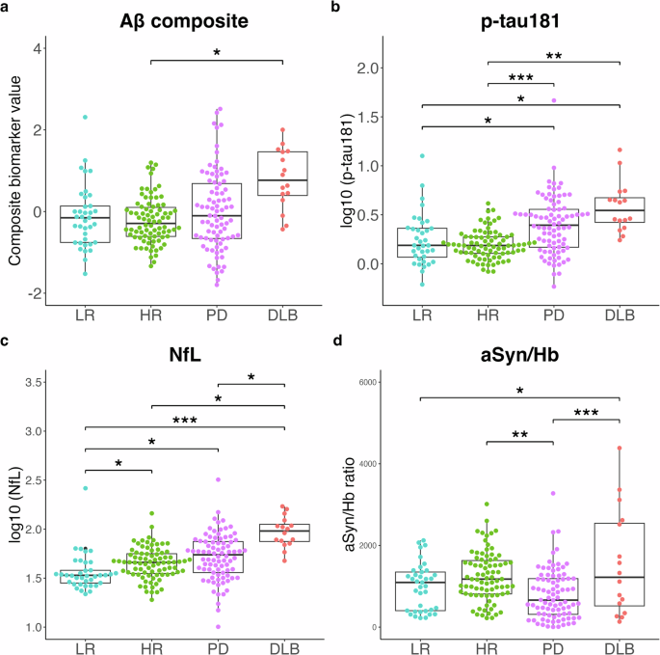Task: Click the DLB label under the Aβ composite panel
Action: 283,316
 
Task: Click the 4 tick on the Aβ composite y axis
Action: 35,48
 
